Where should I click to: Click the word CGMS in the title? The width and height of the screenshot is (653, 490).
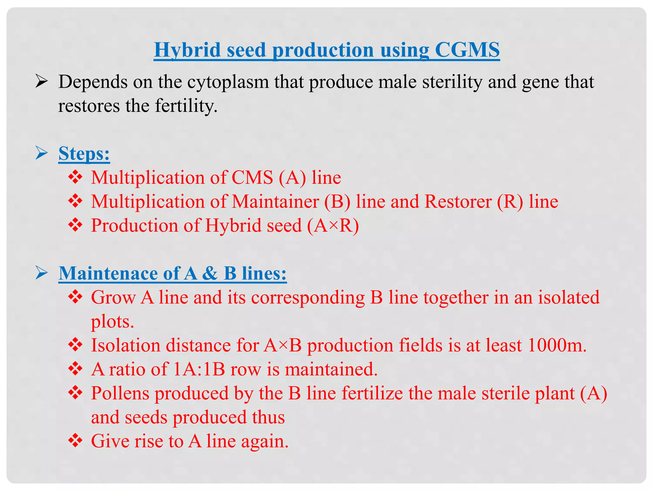click(467, 50)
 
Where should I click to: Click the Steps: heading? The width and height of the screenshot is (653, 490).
click(84, 153)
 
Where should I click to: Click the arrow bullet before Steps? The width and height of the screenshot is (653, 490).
click(42, 153)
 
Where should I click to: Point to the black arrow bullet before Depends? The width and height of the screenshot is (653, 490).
click(42, 82)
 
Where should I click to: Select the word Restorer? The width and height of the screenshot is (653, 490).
click(458, 202)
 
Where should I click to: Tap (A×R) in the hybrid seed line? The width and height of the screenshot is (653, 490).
click(333, 226)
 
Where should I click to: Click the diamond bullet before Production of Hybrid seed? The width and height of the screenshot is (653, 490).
click(76, 225)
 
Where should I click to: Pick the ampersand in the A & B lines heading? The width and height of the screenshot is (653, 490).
click(210, 273)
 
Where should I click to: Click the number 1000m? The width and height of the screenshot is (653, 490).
click(557, 345)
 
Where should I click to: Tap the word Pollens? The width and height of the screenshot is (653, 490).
click(120, 393)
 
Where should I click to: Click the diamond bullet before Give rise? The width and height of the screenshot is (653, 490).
click(76, 441)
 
